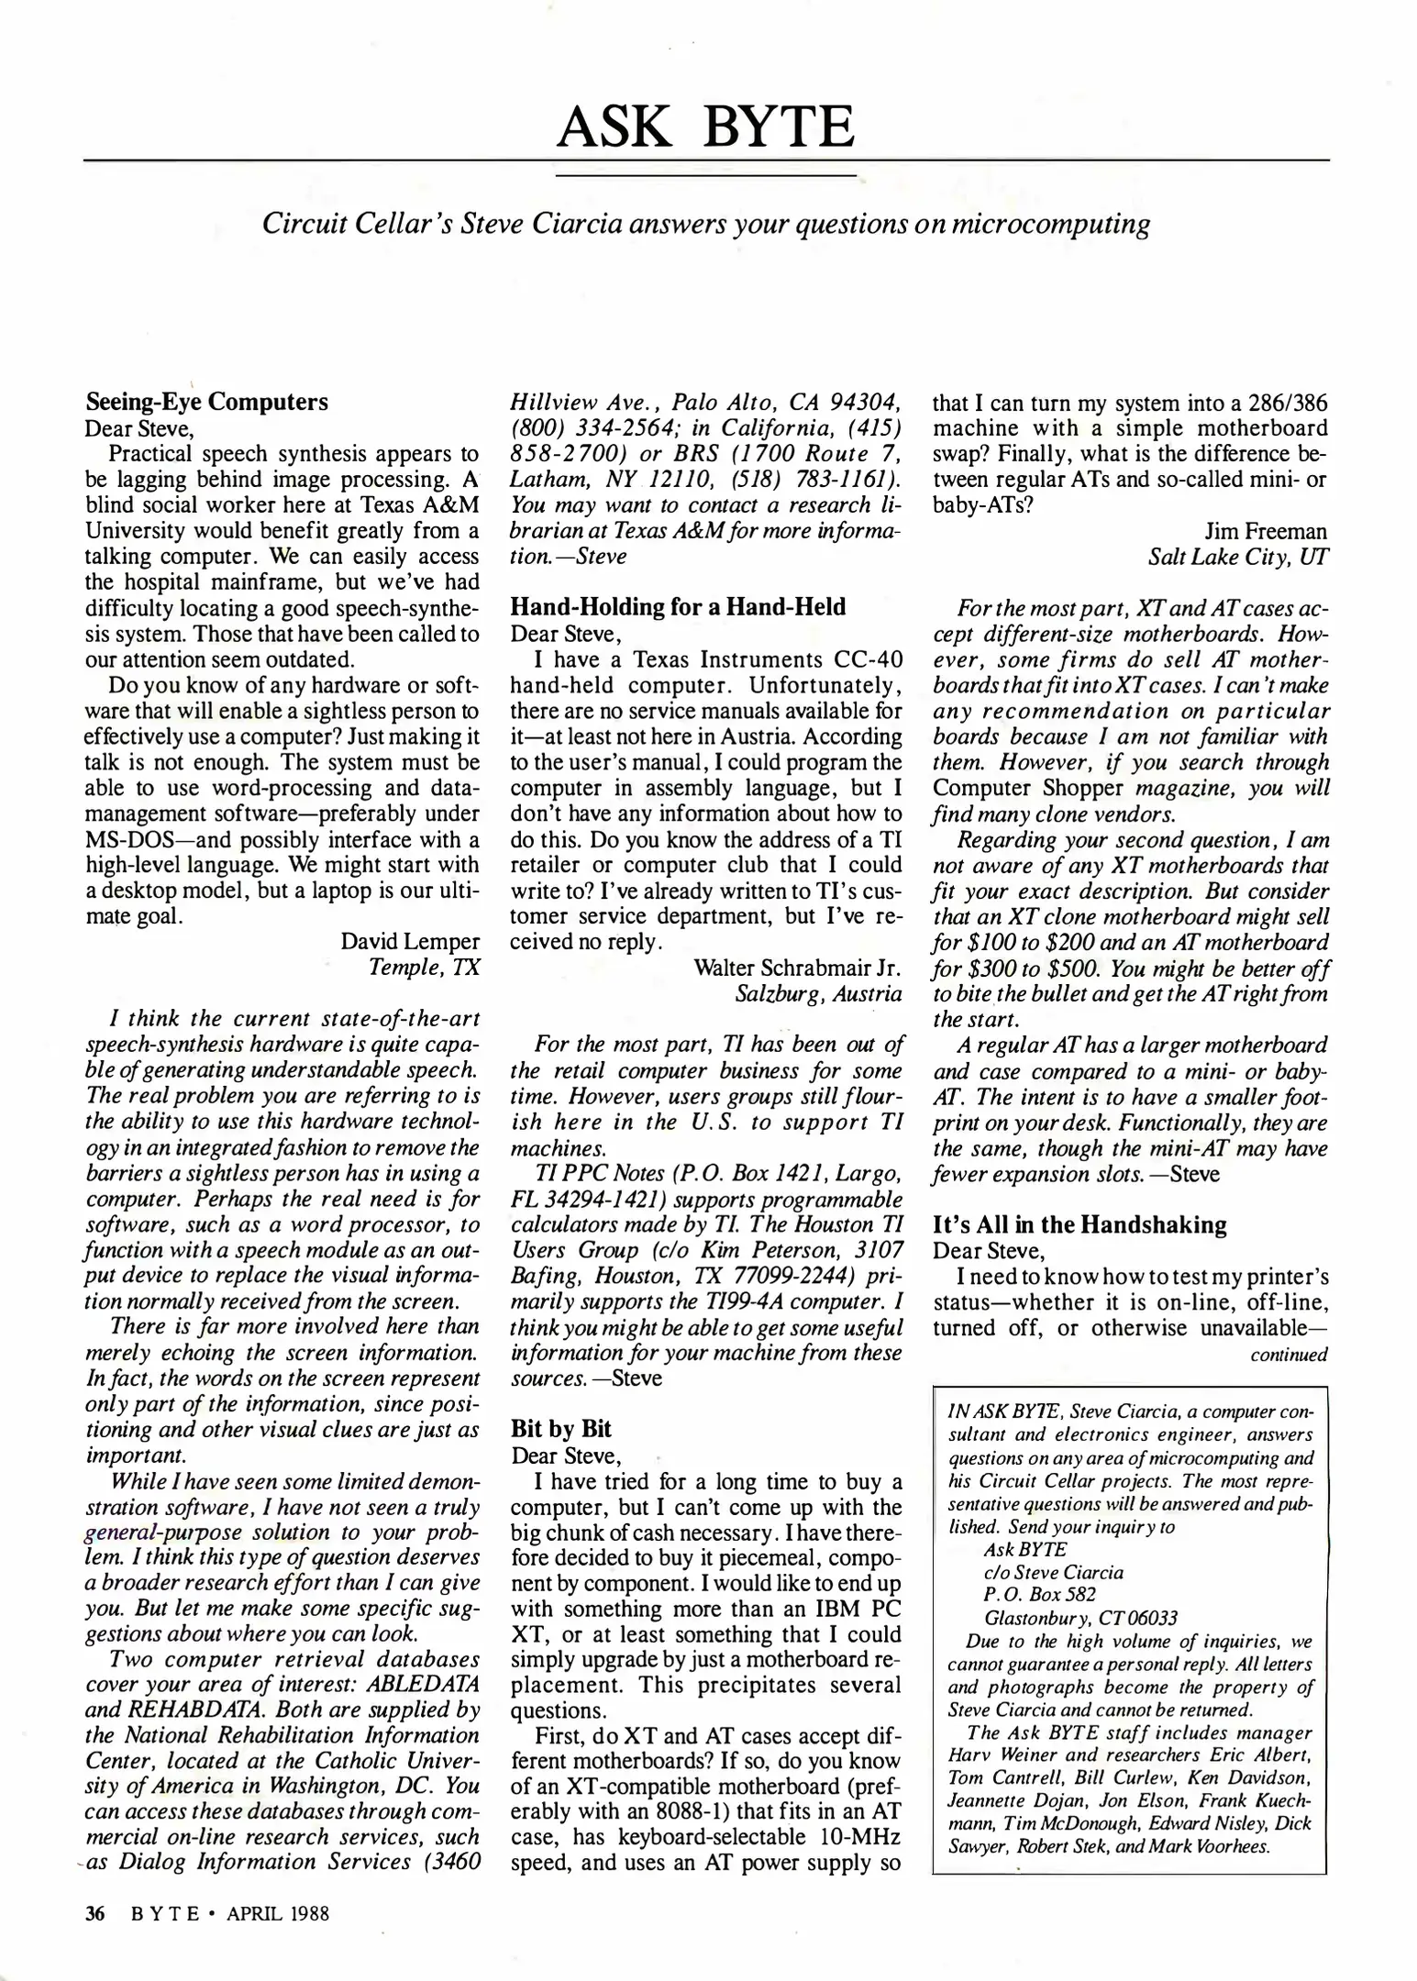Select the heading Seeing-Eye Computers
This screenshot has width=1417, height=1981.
coord(206,402)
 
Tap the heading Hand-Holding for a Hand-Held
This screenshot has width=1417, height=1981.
coord(678,606)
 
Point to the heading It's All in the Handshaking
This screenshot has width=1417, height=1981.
coord(1079,1224)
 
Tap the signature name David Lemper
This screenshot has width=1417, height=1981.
coord(410,941)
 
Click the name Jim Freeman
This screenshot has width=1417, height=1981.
coord(1265,531)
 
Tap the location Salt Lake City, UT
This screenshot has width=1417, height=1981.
coord(1237,557)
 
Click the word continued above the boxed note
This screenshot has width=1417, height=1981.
coord(1289,1355)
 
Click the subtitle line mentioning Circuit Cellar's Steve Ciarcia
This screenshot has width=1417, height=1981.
coord(705,224)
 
